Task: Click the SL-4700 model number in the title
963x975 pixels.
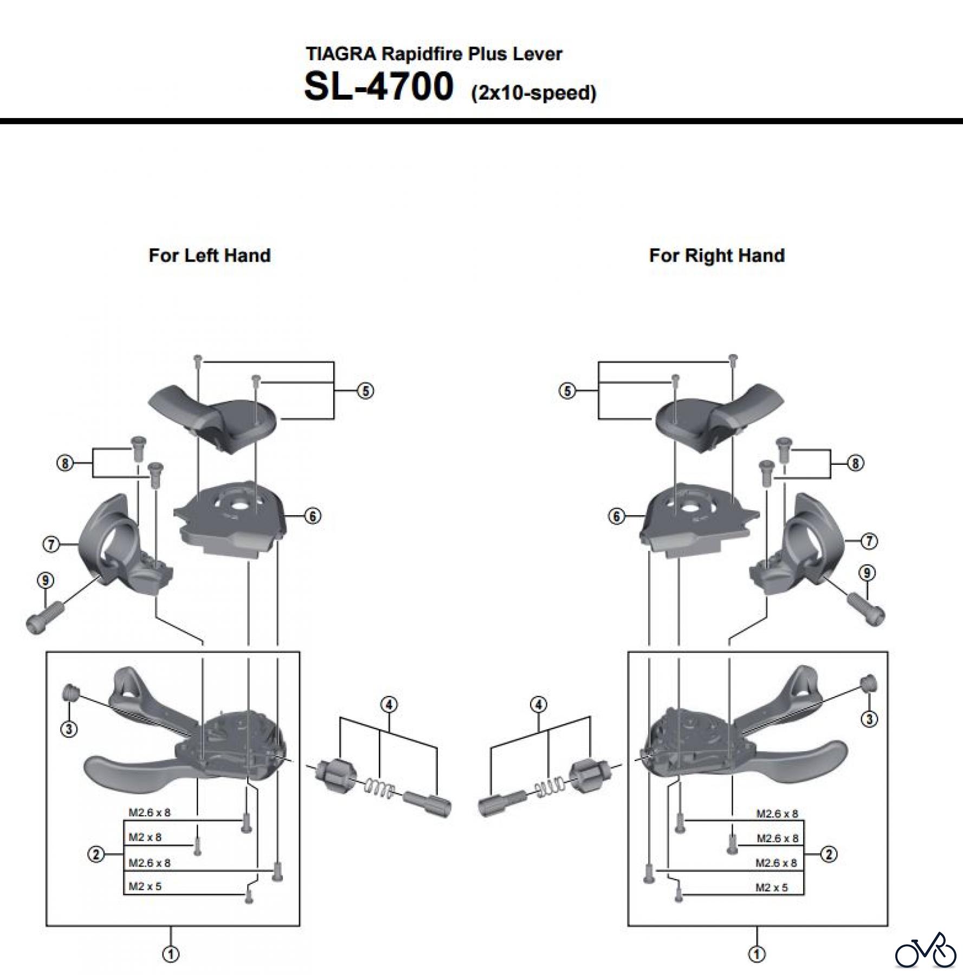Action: pyautogui.click(x=378, y=87)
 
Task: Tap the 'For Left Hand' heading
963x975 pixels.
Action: pyautogui.click(x=210, y=255)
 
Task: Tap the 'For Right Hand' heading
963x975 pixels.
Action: pyautogui.click(x=716, y=255)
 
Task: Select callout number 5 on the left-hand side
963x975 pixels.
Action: pyautogui.click(x=365, y=391)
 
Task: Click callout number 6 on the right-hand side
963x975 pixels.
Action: pyautogui.click(x=616, y=516)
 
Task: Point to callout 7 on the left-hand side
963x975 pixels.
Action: pyautogui.click(x=51, y=543)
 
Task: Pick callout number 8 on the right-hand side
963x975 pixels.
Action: pyautogui.click(x=855, y=463)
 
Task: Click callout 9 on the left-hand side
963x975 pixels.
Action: pyautogui.click(x=46, y=581)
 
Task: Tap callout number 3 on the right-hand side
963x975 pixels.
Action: pyautogui.click(x=869, y=719)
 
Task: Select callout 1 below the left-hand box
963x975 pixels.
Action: pyautogui.click(x=171, y=954)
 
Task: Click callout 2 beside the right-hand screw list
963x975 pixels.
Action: pyautogui.click(x=829, y=855)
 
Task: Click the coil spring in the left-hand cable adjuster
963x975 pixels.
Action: pyautogui.click(x=378, y=788)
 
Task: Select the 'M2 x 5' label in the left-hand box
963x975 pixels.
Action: pyautogui.click(x=145, y=887)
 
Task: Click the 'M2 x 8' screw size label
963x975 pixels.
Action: pyautogui.click(x=145, y=837)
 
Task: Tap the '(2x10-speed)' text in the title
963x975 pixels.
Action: pyautogui.click(x=534, y=93)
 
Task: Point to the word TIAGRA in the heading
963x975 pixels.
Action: pyautogui.click(x=341, y=54)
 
